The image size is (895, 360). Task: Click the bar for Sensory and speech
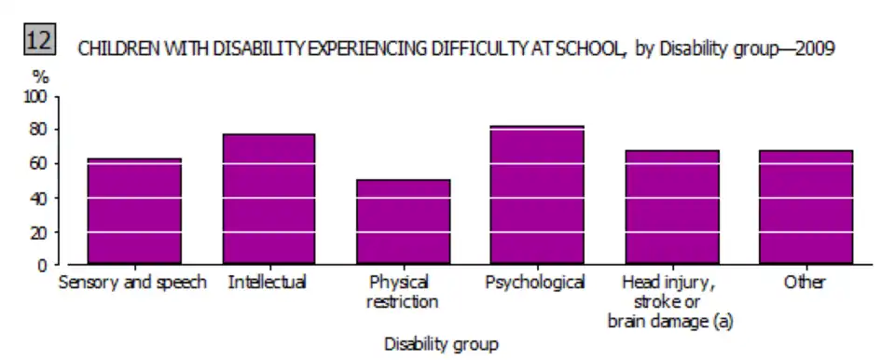pyautogui.click(x=134, y=211)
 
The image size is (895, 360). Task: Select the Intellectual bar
pyautogui.click(x=268, y=199)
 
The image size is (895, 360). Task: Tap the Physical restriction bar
pyautogui.click(x=403, y=222)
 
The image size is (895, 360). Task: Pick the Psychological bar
pyautogui.click(x=537, y=194)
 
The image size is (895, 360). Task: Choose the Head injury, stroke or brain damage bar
pyautogui.click(x=672, y=207)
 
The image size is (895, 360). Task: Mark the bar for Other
pyautogui.click(x=805, y=207)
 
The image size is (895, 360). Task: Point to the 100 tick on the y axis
pyautogui.click(x=35, y=97)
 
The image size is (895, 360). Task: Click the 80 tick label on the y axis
pyautogui.click(x=40, y=131)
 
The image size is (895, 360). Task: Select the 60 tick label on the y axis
pyautogui.click(x=40, y=164)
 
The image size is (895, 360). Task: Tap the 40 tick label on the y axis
pyautogui.click(x=40, y=199)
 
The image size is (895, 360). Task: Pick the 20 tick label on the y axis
pyautogui.click(x=40, y=232)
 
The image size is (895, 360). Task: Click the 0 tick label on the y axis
pyautogui.click(x=44, y=265)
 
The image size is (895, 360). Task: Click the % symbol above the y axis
pyautogui.click(x=39, y=78)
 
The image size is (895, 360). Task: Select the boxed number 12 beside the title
pyautogui.click(x=40, y=40)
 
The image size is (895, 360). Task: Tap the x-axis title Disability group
pyautogui.click(x=441, y=344)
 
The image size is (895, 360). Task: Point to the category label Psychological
pyautogui.click(x=535, y=283)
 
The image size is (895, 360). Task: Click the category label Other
pyautogui.click(x=805, y=283)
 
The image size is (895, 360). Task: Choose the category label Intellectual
pyautogui.click(x=268, y=283)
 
